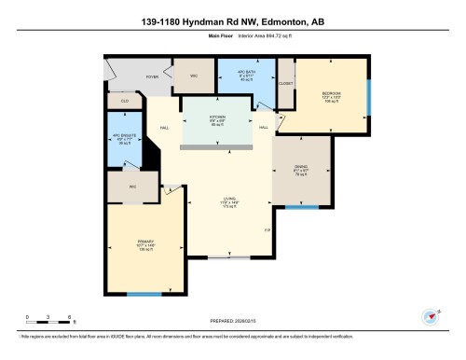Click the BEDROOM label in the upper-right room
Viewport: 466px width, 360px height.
tap(331, 93)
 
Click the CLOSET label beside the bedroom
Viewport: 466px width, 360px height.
tap(285, 83)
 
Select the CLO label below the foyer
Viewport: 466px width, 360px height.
tap(124, 100)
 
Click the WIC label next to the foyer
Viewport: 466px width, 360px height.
tap(194, 75)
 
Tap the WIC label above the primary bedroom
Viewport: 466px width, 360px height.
tap(120, 187)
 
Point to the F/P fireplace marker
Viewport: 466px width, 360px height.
tap(267, 229)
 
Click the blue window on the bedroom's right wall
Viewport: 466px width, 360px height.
tap(369, 93)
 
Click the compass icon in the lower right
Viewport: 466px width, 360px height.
tap(430, 315)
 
